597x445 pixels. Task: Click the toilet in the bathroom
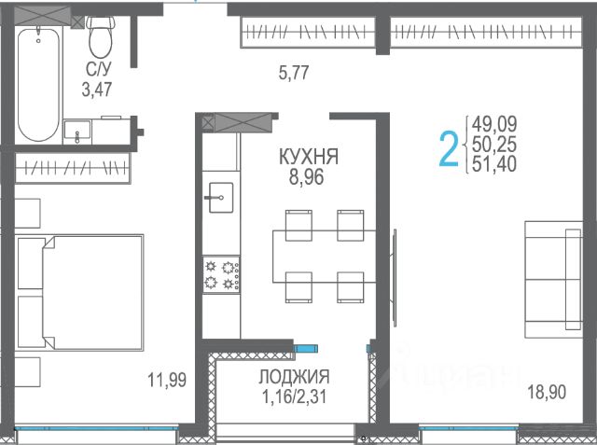coord(101,37)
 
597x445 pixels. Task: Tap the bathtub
coord(38,84)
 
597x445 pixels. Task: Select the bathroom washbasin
coord(77,132)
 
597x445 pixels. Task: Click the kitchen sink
coord(221,198)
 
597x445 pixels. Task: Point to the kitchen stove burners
coord(221,274)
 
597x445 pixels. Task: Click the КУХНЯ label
coord(309,157)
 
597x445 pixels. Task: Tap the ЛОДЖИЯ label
coord(294,377)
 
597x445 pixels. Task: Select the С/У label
coord(99,69)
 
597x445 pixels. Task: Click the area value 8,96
coord(306,177)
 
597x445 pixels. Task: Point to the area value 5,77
coord(294,73)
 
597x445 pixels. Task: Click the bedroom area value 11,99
coord(167,380)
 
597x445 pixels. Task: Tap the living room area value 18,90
coord(547,392)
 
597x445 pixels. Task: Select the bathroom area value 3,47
coord(97,90)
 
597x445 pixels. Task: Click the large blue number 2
coord(449,148)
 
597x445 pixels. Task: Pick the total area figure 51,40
coord(494,164)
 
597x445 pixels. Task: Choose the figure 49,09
coord(494,124)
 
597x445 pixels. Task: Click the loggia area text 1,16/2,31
coord(294,397)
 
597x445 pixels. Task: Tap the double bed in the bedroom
coord(79,292)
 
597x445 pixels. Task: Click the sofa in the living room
coord(553,280)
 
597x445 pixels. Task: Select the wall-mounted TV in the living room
coord(395,278)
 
